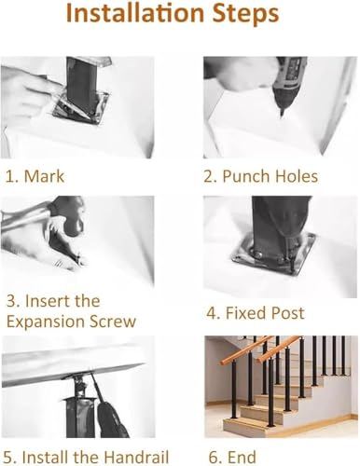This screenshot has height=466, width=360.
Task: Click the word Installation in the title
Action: pyautogui.click(x=135, y=13)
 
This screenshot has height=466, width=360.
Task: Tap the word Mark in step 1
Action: pyautogui.click(x=44, y=176)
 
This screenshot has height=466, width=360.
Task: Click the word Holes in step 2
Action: pyautogui.click(x=297, y=176)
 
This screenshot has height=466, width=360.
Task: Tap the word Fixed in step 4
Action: pyautogui.click(x=243, y=312)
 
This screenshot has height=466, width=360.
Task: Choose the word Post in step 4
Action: pyautogui.click(x=285, y=312)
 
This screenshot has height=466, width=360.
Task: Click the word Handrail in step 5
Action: pyautogui.click(x=136, y=457)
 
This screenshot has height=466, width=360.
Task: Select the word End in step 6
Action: pyautogui.click(x=242, y=457)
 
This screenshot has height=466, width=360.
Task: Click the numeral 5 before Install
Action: pyautogui.click(x=8, y=458)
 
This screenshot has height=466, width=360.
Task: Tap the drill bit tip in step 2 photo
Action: pyautogui.click(x=282, y=115)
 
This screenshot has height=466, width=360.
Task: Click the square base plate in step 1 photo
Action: pyautogui.click(x=81, y=107)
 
